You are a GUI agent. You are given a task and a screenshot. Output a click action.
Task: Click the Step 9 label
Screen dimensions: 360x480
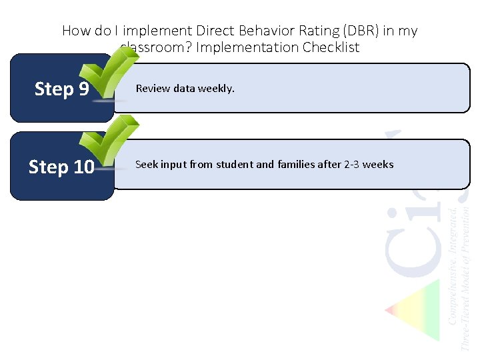point(61,89)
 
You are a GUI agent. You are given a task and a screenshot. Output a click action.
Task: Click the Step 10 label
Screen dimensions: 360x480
point(61,167)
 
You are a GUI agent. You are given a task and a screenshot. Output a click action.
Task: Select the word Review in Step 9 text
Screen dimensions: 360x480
point(153,88)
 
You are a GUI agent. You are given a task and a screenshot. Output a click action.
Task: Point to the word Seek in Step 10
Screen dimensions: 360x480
point(146,164)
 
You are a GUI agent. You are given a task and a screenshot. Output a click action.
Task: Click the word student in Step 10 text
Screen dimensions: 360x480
point(235,164)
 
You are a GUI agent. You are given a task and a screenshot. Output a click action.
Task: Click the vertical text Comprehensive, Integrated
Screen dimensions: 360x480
point(453,267)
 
